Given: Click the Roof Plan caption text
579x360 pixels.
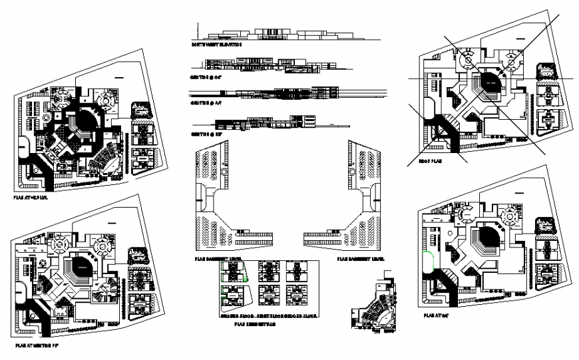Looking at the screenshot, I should [431, 160].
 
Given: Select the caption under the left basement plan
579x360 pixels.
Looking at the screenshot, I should [218, 259].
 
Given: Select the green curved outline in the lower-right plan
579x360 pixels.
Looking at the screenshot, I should [430, 261].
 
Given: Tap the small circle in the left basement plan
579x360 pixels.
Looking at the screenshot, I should [224, 172].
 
